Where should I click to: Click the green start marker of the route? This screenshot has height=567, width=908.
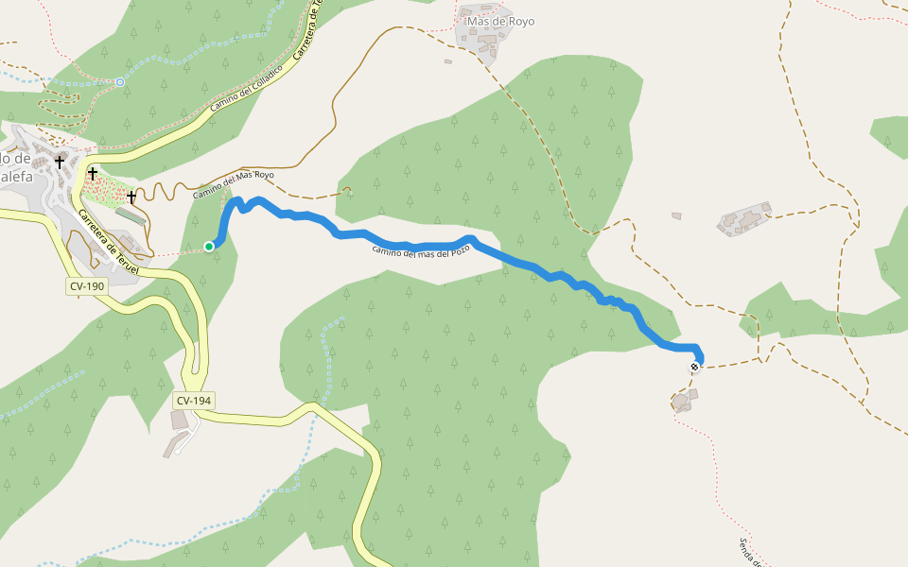click(209, 247)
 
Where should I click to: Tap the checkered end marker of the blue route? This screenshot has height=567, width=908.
click(695, 367)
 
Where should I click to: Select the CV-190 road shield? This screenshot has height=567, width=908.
click(87, 285)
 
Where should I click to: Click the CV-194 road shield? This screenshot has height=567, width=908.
click(193, 401)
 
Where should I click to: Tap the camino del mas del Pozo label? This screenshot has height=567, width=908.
click(420, 251)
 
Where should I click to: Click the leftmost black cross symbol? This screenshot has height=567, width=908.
click(60, 163)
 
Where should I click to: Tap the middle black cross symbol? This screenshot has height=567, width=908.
click(93, 173)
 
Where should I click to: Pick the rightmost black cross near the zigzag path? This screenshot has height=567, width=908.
click(131, 198)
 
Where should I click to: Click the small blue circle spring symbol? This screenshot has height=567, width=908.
click(120, 82)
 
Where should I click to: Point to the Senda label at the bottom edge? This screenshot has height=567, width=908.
click(751, 552)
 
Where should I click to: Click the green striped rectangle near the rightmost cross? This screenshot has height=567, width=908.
click(131, 216)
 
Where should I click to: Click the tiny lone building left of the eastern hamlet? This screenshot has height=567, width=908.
click(676, 216)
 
